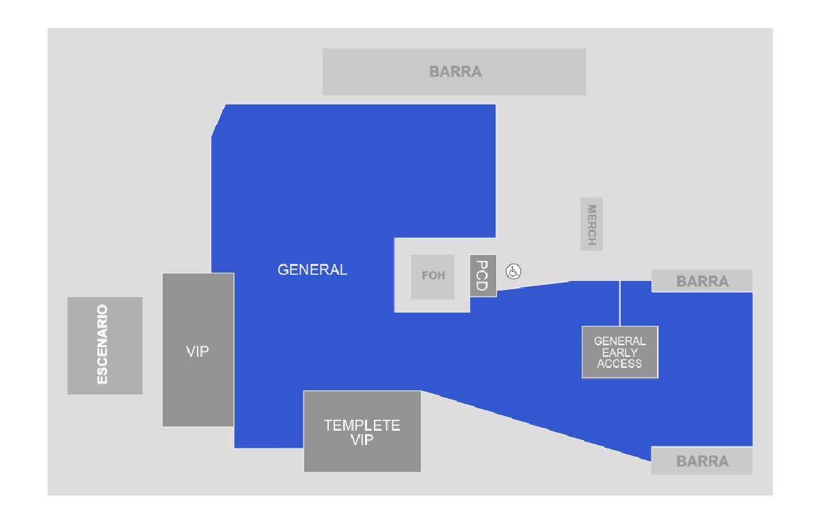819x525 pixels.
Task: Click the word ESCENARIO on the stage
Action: tap(103, 345)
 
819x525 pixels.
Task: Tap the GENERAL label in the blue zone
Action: tap(312, 269)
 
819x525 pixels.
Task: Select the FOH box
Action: tap(433, 277)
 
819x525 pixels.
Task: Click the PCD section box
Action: tap(483, 275)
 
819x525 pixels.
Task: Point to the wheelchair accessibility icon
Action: tap(513, 271)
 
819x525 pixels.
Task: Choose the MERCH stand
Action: tap(591, 224)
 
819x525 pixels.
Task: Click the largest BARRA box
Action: tap(454, 72)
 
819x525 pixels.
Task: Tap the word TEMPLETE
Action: tap(362, 425)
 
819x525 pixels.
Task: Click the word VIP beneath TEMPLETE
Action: tap(362, 440)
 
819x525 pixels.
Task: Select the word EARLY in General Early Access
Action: tap(619, 353)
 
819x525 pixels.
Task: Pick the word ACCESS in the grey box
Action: tap(619, 364)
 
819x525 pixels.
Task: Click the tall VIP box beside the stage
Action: tap(198, 350)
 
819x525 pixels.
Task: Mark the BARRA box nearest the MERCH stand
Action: tap(701, 281)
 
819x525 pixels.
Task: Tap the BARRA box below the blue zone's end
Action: tap(701, 461)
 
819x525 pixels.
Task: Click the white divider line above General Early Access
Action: tap(620, 304)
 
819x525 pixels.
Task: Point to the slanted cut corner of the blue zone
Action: tap(218, 121)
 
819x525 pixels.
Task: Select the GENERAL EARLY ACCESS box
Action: tap(620, 352)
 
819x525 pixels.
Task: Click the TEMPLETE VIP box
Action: tap(362, 431)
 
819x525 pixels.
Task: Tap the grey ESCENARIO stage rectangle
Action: tap(105, 346)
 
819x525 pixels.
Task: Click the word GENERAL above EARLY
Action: tap(620, 341)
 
